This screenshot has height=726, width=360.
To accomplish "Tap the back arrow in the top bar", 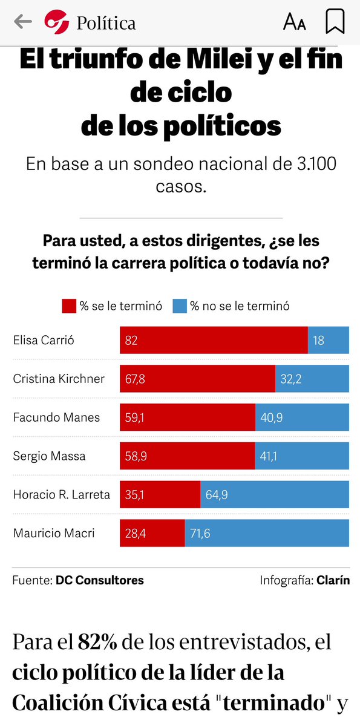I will (x=22, y=22).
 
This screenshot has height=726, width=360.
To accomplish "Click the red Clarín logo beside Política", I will (x=57, y=23).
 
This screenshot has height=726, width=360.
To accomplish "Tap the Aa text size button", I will (x=295, y=23).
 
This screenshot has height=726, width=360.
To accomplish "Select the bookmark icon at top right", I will (x=335, y=22).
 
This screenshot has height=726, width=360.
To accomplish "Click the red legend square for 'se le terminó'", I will (x=69, y=306).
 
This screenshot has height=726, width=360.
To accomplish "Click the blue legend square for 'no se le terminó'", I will (x=180, y=306).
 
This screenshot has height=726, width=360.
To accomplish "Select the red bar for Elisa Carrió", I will (x=214, y=340).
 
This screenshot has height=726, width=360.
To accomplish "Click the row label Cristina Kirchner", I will (x=59, y=379).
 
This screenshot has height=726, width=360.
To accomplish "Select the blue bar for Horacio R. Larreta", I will (x=275, y=495).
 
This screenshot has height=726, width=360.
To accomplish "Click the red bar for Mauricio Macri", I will (x=152, y=534).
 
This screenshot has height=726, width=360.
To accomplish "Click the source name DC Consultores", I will (x=100, y=580).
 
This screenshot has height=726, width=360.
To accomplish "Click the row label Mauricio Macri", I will (x=54, y=534).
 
